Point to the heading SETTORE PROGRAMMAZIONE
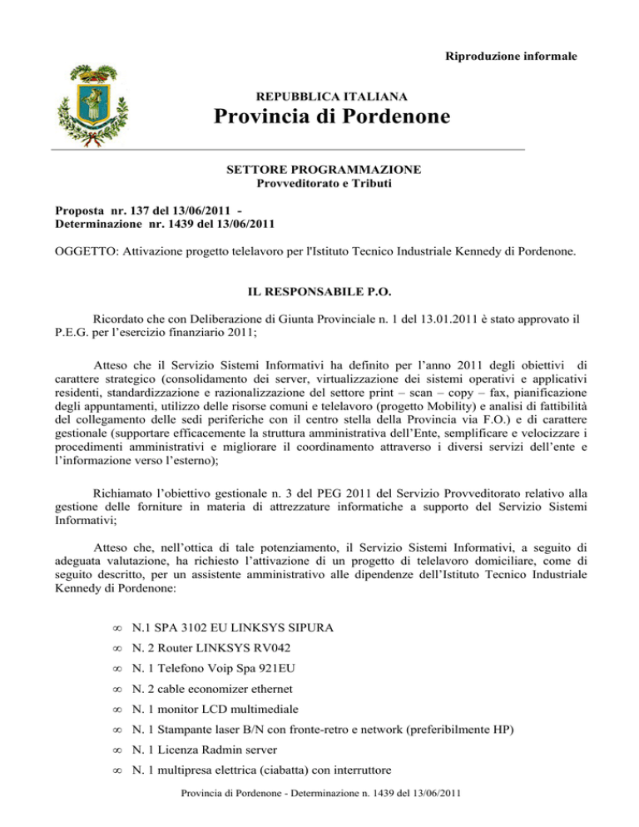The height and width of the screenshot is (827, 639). pyautogui.click(x=324, y=170)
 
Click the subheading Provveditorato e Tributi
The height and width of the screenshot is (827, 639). pyautogui.click(x=324, y=184)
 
